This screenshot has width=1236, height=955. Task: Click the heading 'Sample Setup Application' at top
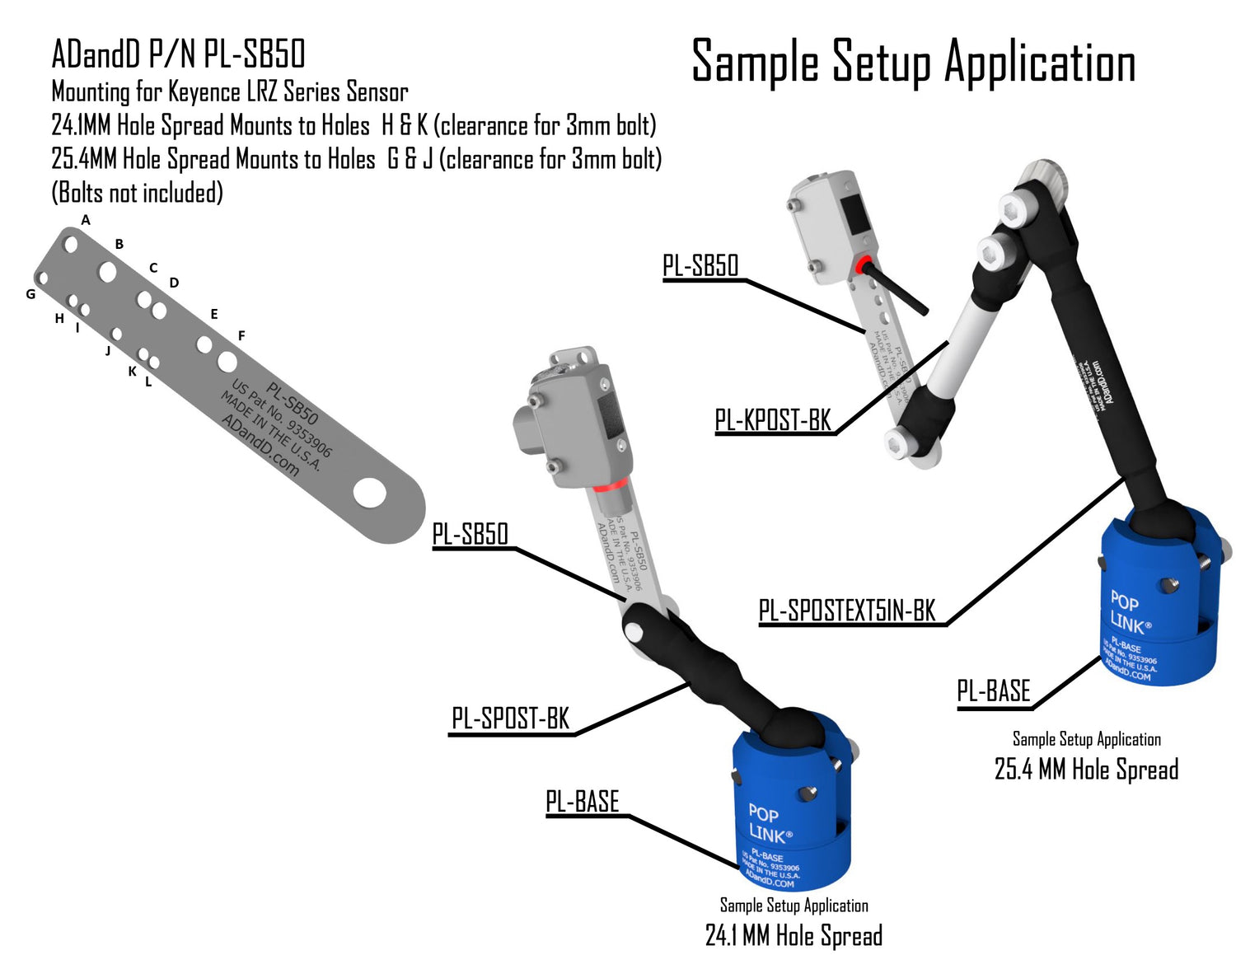click(x=913, y=62)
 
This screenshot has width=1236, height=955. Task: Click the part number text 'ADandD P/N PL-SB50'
click(x=178, y=54)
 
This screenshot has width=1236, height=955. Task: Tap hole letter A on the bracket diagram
click(x=86, y=220)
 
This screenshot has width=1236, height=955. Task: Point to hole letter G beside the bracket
click(x=30, y=294)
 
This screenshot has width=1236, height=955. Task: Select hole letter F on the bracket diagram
click(x=241, y=335)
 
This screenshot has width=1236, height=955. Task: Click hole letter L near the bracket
click(x=148, y=382)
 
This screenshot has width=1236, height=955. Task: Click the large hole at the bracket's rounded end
click(x=369, y=493)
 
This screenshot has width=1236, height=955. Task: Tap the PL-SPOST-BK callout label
click(x=510, y=719)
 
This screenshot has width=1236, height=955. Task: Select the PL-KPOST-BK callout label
click(x=773, y=420)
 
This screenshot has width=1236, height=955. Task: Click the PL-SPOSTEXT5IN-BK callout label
click(x=847, y=611)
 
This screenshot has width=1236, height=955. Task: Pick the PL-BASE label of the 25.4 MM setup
click(x=993, y=691)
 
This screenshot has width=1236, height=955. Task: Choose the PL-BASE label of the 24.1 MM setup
click(x=582, y=801)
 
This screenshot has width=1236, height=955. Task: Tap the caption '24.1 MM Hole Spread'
click(x=794, y=935)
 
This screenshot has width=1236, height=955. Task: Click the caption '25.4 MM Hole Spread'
click(x=1086, y=770)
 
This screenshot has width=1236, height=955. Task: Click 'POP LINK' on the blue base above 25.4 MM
click(x=1128, y=611)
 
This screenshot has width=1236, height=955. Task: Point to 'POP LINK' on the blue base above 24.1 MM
click(x=768, y=824)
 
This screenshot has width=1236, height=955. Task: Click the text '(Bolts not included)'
click(x=137, y=193)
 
